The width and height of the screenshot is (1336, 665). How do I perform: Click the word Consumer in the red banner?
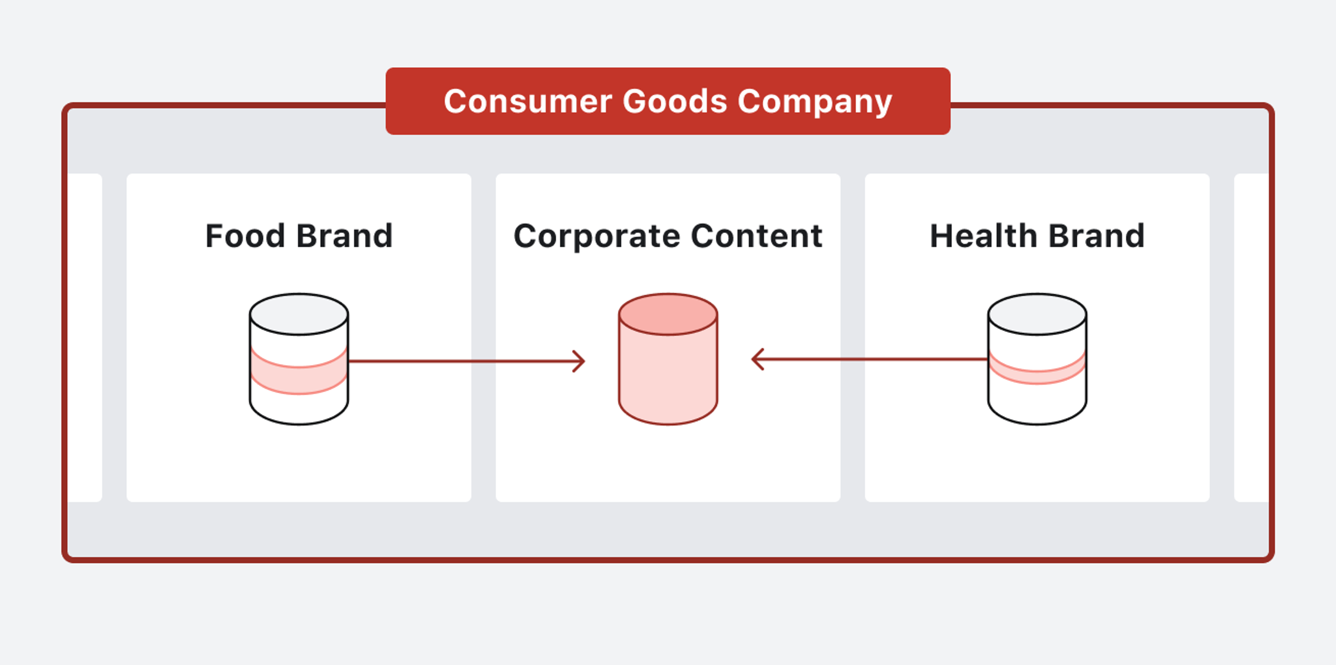527,101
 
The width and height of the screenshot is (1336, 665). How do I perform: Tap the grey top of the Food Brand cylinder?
299,314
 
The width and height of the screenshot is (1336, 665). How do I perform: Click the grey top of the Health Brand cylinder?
1037,314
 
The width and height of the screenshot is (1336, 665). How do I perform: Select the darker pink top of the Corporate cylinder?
668,314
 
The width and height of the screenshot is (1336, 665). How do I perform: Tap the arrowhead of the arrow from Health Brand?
756,359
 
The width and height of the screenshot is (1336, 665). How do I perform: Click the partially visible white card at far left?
85,337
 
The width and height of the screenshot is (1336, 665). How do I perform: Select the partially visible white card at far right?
1251,337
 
